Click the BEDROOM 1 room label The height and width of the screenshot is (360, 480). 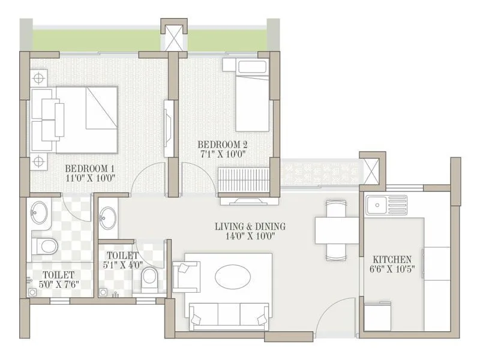89,167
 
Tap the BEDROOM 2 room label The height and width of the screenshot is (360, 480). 223,145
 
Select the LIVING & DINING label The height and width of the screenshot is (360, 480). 250,226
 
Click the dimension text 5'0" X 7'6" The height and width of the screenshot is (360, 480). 58,286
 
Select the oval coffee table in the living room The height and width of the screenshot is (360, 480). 233,278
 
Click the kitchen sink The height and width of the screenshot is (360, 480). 387,205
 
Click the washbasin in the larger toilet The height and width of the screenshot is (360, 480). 41,212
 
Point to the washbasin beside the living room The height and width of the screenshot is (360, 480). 109,217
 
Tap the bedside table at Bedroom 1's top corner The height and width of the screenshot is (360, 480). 39,77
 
